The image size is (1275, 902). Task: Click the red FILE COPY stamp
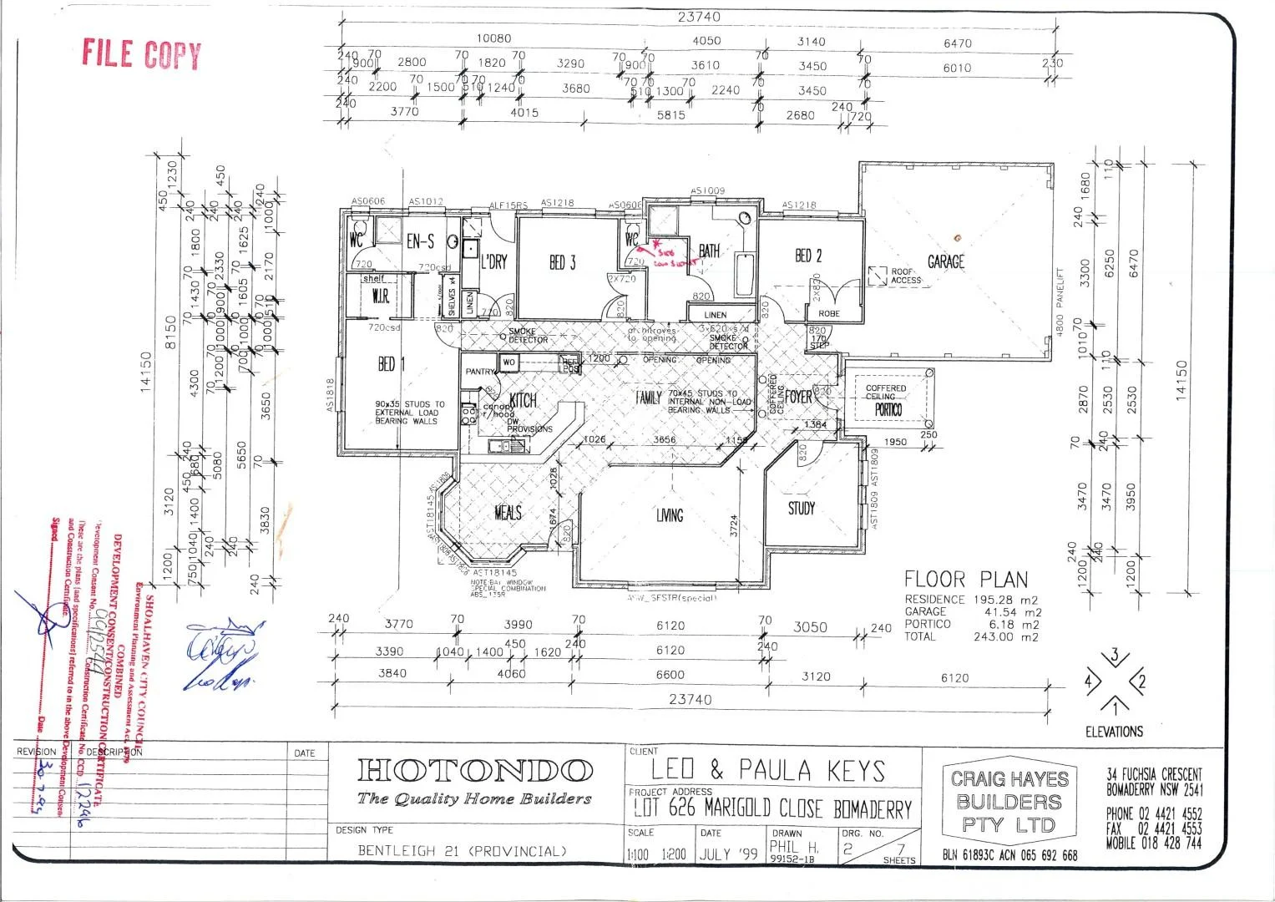point(141,54)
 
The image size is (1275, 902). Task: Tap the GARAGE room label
point(945,262)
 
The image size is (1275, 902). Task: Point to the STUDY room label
point(802,508)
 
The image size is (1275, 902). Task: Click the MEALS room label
point(508,512)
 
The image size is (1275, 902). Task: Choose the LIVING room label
point(669,515)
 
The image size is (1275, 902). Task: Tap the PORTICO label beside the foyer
point(888,410)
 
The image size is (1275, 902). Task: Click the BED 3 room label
point(562,263)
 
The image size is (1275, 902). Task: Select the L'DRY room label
point(493,262)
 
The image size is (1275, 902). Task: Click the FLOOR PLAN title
point(966,579)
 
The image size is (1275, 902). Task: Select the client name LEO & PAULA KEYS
point(767,770)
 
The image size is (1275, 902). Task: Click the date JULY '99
point(728,854)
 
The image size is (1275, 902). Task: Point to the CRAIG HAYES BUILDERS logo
point(1009,802)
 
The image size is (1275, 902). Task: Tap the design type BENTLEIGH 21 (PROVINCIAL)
point(462,851)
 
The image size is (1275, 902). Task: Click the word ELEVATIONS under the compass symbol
point(1114,732)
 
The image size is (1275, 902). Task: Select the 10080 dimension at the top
point(493,38)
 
